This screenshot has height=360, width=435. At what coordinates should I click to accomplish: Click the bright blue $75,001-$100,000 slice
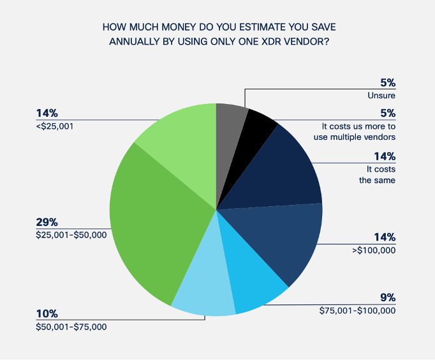pyautogui.click(x=255, y=287)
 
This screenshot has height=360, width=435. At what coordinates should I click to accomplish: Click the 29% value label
pyautogui.click(x=47, y=223)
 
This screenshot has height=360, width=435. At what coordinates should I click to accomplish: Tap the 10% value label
pyautogui.click(x=47, y=314)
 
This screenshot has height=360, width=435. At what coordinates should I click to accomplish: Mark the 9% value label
pyautogui.click(x=387, y=297)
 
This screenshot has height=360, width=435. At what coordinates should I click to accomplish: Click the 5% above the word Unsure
pyautogui.click(x=387, y=82)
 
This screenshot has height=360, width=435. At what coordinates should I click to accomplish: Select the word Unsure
pyautogui.click(x=381, y=96)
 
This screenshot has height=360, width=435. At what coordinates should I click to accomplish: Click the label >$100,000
pyautogui.click(x=374, y=250)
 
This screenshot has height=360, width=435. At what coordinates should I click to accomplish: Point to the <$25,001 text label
pyautogui.click(x=55, y=126)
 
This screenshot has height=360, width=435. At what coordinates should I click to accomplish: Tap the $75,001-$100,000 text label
pyautogui.click(x=358, y=311)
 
